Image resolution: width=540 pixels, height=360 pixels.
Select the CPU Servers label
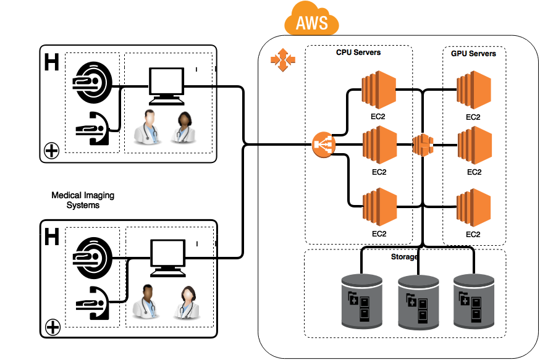coord(358,52)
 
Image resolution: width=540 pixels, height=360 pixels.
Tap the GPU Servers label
coord(473,54)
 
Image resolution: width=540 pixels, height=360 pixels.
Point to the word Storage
coord(405,256)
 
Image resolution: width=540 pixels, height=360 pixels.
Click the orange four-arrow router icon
coord(283,60)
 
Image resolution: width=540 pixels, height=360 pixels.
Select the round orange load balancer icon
coord(324,145)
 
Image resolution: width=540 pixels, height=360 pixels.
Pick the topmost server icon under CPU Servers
coord(379,90)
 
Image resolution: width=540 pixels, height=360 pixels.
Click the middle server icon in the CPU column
coord(379,145)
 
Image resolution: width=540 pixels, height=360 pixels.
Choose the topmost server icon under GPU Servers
coord(474,90)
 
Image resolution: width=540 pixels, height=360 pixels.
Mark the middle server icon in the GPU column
coord(474,145)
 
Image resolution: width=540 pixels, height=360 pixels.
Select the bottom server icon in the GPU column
coord(473,207)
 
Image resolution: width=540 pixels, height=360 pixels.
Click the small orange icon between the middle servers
coord(423,145)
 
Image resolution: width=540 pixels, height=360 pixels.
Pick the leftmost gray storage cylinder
coord(362,301)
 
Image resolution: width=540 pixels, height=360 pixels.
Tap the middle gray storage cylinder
coord(418,302)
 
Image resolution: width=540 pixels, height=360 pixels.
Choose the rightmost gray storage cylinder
coord(474,301)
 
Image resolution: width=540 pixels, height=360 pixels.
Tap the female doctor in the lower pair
coord(187,303)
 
